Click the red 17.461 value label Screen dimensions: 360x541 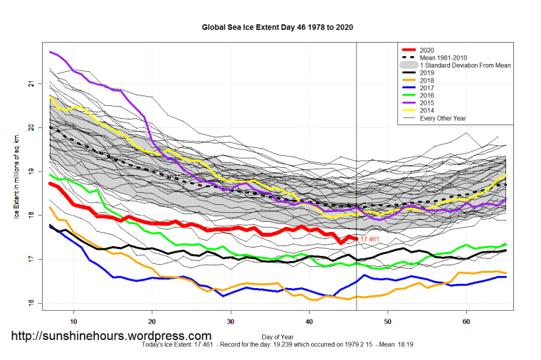[x=369, y=240]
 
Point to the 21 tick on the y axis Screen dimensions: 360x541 [x=40, y=83]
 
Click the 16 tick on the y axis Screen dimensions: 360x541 [x=40, y=303]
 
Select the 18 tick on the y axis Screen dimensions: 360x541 [x=40, y=215]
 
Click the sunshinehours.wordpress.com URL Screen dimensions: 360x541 [x=110, y=336]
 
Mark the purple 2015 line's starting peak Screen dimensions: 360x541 [x=50, y=52]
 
